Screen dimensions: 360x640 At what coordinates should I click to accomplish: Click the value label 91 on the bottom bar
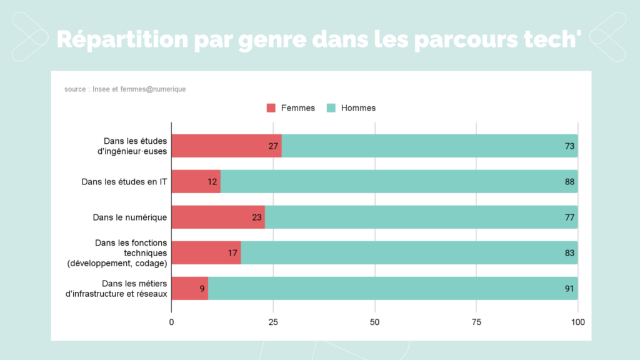coord(569,289)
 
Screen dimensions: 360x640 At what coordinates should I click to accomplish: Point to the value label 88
coord(569,182)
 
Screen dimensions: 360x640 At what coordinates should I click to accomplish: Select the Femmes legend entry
coord(291,108)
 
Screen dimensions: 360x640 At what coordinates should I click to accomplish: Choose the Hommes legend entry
coord(351,108)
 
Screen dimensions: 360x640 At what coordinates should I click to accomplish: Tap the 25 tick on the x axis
coord(273,322)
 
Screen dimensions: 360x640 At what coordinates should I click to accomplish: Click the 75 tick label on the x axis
coord(476,322)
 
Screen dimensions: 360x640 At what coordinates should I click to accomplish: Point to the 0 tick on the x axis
coord(172,322)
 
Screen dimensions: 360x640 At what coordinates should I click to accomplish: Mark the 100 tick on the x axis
coord(577,322)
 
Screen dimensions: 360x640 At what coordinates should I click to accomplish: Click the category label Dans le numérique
coord(129,217)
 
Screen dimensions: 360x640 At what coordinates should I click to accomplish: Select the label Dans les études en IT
coord(124,182)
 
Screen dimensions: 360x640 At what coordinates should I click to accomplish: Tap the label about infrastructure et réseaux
coord(117,289)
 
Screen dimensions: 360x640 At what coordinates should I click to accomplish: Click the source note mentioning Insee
coord(125,89)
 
